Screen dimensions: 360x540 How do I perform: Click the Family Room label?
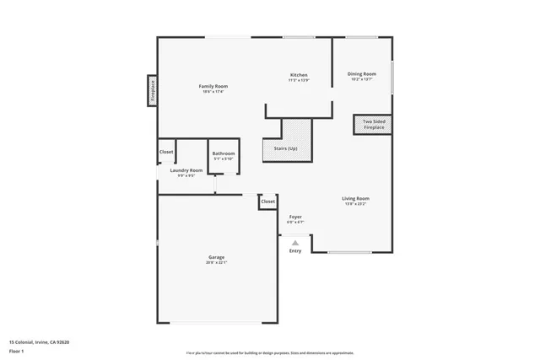pyautogui.click(x=213, y=86)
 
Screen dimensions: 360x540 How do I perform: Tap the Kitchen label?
pyautogui.click(x=299, y=75)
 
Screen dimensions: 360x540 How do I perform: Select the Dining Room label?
pyautogui.click(x=362, y=73)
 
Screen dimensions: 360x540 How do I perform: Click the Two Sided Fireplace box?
pyautogui.click(x=372, y=125)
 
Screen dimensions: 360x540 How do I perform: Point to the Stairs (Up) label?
pyautogui.click(x=285, y=148)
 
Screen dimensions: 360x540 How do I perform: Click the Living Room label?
pyautogui.click(x=356, y=198)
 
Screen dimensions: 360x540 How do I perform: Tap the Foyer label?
pyautogui.click(x=295, y=217)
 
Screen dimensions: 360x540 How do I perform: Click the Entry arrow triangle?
pyautogui.click(x=295, y=243)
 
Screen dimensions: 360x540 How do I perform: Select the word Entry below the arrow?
pyautogui.click(x=295, y=251)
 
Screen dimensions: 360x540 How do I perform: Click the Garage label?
pyautogui.click(x=217, y=256)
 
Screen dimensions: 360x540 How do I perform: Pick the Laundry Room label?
pyautogui.click(x=186, y=170)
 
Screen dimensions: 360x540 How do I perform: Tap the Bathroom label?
pyautogui.click(x=224, y=153)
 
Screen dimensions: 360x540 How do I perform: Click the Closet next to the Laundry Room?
pyautogui.click(x=166, y=152)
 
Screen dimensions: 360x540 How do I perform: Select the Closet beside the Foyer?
pyautogui.click(x=267, y=201)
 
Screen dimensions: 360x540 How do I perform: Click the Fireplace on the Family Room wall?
pyautogui.click(x=153, y=89)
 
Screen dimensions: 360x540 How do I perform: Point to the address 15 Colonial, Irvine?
pyautogui.click(x=39, y=341)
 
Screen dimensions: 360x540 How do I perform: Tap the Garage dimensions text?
pyautogui.click(x=217, y=262)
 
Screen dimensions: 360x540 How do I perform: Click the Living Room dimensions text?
pyautogui.click(x=356, y=204)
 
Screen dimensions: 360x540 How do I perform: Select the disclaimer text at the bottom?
pyautogui.click(x=269, y=352)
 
